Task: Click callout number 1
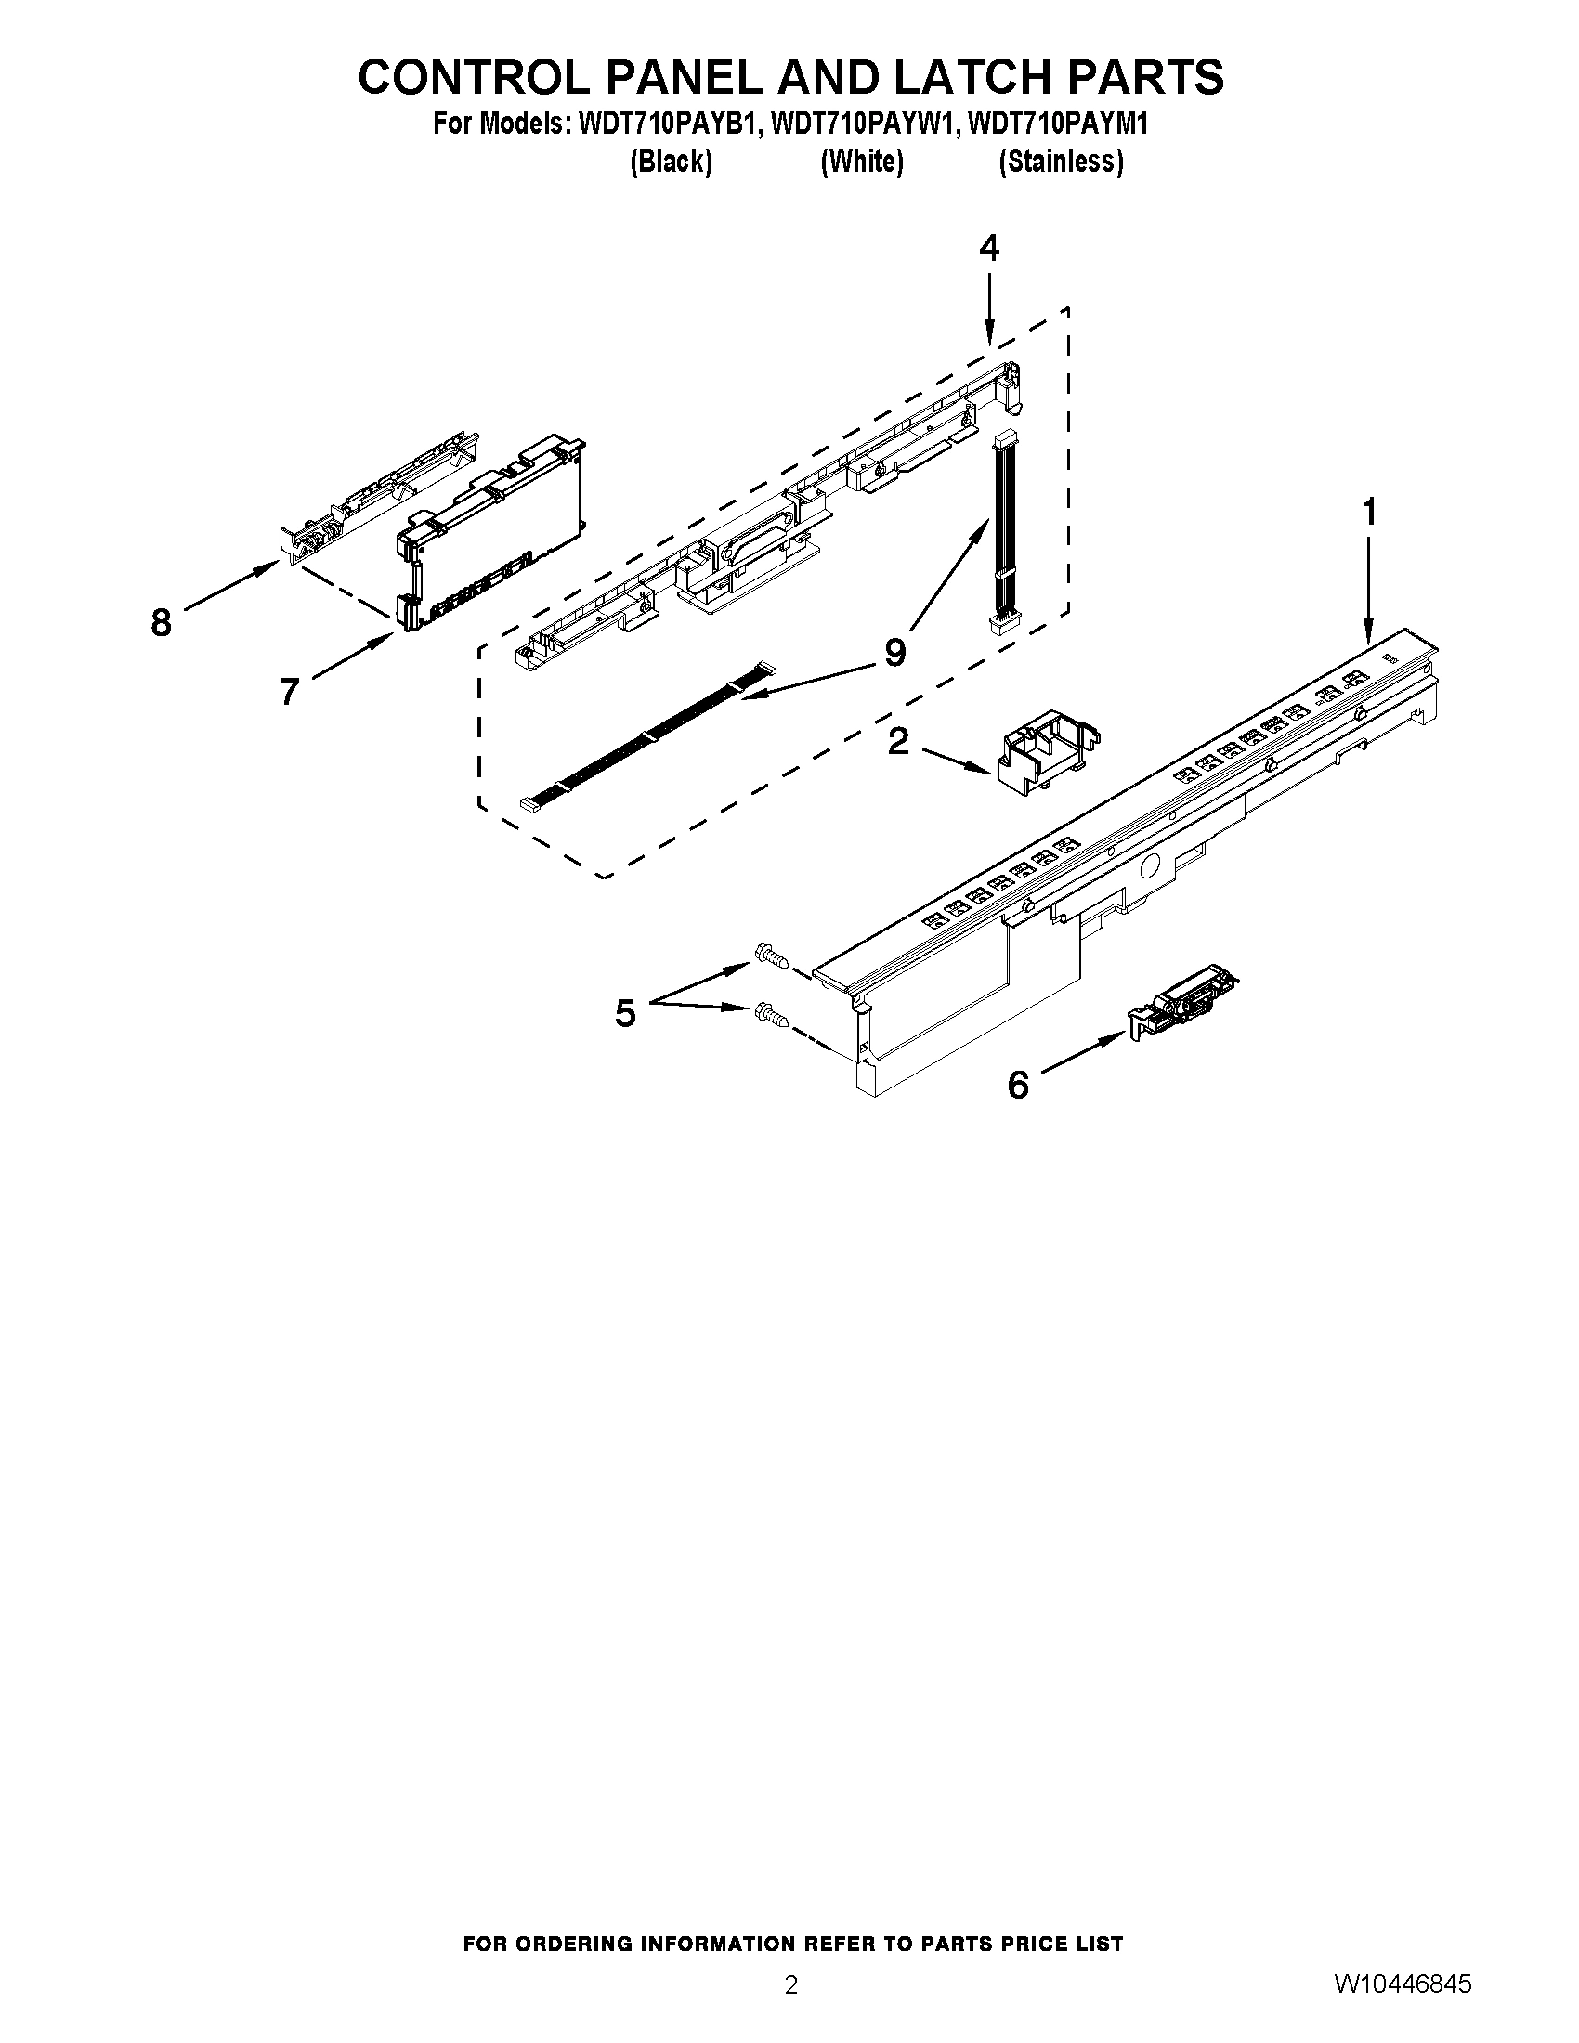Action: pos(1369,514)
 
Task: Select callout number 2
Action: pos(897,742)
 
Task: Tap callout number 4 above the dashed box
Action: pos(989,249)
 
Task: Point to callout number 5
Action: pos(625,1013)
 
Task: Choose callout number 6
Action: pos(1018,1085)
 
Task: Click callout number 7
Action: pos(289,691)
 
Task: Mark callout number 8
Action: pos(161,622)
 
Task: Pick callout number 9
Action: pos(894,652)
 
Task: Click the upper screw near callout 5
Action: pos(769,956)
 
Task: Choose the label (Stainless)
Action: pos(1061,162)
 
